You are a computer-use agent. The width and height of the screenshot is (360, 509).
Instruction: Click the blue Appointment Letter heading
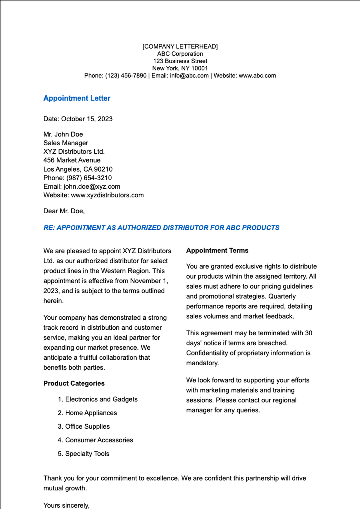(x=77, y=98)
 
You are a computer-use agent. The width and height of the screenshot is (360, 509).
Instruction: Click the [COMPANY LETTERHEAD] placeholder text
(x=180, y=46)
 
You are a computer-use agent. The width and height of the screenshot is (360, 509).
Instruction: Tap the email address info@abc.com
(x=189, y=76)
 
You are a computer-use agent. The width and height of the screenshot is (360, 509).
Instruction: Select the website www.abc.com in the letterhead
(x=257, y=76)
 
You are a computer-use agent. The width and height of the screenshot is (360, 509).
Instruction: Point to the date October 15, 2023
(x=87, y=119)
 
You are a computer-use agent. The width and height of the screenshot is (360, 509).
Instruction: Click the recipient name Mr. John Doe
(x=63, y=134)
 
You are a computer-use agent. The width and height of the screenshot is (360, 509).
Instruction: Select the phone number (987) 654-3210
(x=89, y=178)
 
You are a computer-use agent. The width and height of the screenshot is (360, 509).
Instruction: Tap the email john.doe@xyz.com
(x=92, y=187)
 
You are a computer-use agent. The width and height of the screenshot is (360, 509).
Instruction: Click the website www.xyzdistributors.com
(x=107, y=195)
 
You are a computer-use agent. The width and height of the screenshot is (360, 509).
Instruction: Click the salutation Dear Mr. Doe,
(x=64, y=211)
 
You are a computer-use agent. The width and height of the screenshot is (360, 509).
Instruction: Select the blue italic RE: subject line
(x=161, y=228)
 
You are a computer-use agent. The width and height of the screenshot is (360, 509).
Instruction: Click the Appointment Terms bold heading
(x=217, y=250)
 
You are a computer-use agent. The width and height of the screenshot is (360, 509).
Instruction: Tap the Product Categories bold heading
(x=74, y=383)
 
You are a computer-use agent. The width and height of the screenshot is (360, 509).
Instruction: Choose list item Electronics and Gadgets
(x=101, y=399)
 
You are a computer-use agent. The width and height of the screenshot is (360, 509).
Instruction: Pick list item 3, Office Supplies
(x=87, y=427)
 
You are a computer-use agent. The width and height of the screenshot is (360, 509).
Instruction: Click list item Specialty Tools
(x=87, y=454)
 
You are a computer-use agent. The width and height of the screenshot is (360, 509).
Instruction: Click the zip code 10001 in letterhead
(x=199, y=68)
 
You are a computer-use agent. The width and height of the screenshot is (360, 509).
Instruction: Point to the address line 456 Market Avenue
(x=72, y=160)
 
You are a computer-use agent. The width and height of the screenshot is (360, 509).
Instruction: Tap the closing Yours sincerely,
(x=66, y=505)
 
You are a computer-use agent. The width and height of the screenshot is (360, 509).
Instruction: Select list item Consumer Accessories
(x=99, y=440)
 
